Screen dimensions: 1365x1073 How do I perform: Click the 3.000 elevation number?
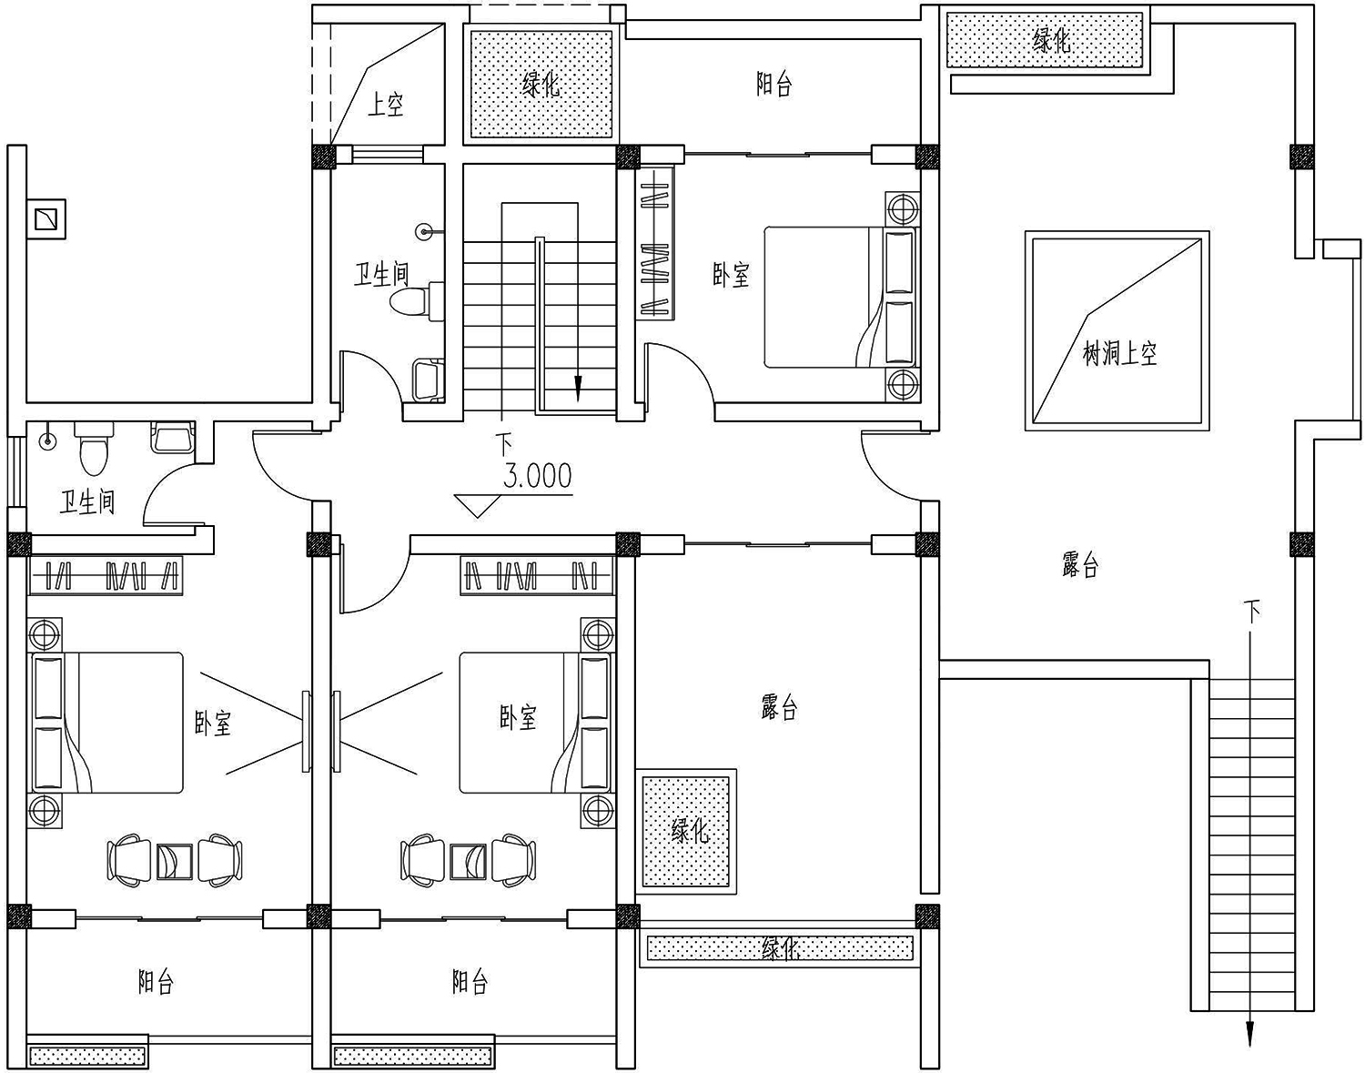[x=538, y=476]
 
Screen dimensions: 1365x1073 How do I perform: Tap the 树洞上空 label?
[x=1120, y=354]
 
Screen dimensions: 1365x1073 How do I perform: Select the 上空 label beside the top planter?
[x=385, y=105]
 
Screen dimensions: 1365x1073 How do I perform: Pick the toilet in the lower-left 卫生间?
[x=95, y=448]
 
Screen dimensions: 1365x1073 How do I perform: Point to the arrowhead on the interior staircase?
[x=579, y=387]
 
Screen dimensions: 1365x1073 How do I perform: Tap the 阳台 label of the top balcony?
[x=773, y=85]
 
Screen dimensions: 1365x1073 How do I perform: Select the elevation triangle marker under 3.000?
[x=478, y=506]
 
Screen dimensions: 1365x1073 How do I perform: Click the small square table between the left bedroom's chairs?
[x=175, y=861]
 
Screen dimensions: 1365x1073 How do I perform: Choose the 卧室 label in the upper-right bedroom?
[x=731, y=275]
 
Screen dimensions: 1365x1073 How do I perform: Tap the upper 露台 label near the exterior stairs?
[x=1080, y=565]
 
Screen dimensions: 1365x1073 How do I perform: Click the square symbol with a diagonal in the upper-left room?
[x=50, y=218]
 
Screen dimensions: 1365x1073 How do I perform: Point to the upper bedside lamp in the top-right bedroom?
[x=902, y=209]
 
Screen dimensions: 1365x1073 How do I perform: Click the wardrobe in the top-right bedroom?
[x=654, y=244]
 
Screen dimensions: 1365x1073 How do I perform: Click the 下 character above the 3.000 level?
[x=504, y=443]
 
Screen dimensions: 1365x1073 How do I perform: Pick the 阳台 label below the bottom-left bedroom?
[x=156, y=982]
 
